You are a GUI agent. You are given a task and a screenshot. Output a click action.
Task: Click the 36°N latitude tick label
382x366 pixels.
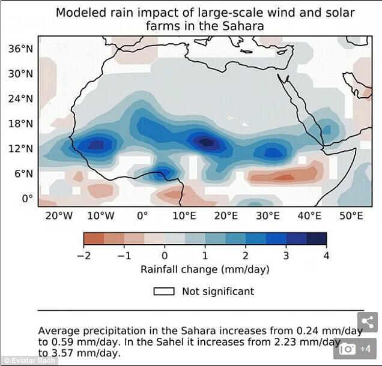click(x=20, y=49)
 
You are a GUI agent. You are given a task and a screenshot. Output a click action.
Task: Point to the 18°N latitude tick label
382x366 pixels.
click(x=20, y=124)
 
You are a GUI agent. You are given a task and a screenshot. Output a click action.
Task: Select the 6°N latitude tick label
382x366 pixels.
click(x=23, y=173)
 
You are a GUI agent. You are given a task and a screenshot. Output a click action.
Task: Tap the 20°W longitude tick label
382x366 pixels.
click(x=59, y=215)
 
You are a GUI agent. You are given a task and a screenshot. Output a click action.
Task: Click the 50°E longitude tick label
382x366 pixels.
click(x=351, y=215)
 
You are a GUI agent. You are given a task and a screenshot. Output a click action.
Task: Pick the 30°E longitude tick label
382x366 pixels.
click(x=267, y=215)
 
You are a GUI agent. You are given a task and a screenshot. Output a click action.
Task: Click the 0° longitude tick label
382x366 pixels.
click(x=142, y=215)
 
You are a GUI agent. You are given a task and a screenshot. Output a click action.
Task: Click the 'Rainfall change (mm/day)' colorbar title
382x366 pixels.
click(x=205, y=269)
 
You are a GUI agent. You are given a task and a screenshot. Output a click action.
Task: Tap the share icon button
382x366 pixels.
click(x=368, y=322)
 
